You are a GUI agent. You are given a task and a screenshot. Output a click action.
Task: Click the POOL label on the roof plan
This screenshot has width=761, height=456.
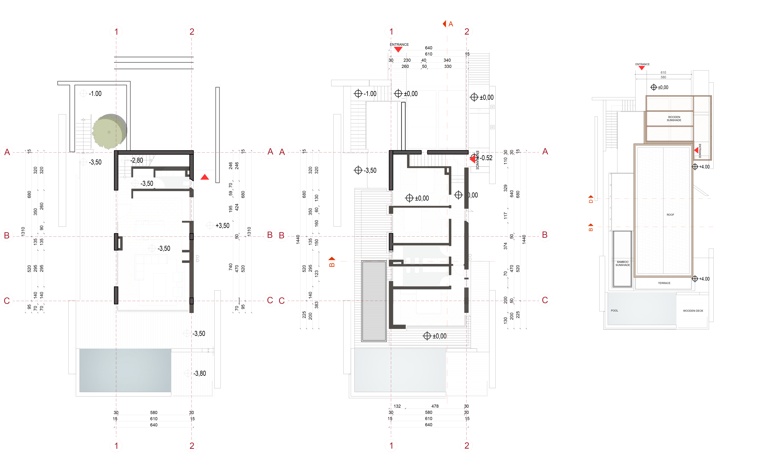[x=614, y=311]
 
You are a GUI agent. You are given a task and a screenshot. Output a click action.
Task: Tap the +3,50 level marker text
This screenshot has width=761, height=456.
[x=222, y=226]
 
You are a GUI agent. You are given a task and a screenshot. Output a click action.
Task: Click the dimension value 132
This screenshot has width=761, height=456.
[x=397, y=406]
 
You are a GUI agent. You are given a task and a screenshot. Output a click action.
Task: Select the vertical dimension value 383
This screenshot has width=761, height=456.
[x=317, y=305]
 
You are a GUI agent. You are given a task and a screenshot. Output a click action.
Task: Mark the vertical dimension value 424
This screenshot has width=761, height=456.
[x=237, y=207]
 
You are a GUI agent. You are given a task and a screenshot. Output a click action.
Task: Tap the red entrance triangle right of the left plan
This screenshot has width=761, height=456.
[x=205, y=177]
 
